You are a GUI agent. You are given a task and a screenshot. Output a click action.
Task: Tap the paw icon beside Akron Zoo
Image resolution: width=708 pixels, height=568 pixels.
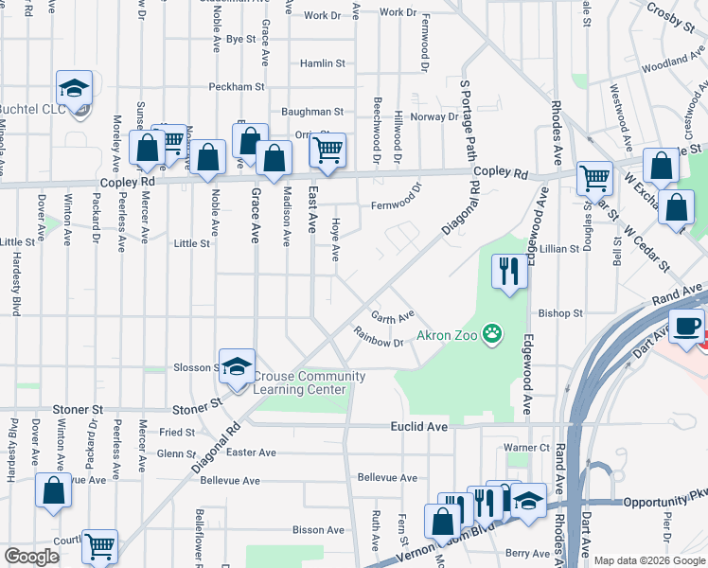(x=491, y=333)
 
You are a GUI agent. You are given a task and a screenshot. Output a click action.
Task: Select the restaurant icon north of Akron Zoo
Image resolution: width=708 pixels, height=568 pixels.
(x=509, y=273)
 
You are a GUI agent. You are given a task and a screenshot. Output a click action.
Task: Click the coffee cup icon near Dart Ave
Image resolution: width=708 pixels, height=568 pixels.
(x=687, y=326)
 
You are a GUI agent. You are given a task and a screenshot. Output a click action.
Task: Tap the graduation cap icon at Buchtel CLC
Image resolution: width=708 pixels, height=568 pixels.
(x=74, y=89)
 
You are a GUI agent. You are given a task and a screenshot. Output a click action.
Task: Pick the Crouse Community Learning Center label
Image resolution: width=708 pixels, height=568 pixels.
(x=309, y=382)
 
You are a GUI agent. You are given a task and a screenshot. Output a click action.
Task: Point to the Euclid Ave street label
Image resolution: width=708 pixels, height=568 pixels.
(x=418, y=427)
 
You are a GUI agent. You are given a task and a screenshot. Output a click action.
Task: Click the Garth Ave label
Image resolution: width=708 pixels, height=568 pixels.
(x=392, y=316)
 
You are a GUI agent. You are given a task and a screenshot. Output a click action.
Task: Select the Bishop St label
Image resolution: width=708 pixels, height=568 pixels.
(x=560, y=312)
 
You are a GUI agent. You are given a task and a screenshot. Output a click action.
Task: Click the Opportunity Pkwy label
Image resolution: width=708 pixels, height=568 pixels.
(x=665, y=499)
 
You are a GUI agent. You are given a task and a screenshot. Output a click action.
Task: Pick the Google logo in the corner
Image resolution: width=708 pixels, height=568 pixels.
(x=31, y=557)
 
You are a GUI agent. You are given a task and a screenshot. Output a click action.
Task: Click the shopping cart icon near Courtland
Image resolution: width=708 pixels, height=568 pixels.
(x=99, y=546)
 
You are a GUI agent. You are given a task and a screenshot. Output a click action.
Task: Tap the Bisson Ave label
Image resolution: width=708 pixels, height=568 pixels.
(x=318, y=530)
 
